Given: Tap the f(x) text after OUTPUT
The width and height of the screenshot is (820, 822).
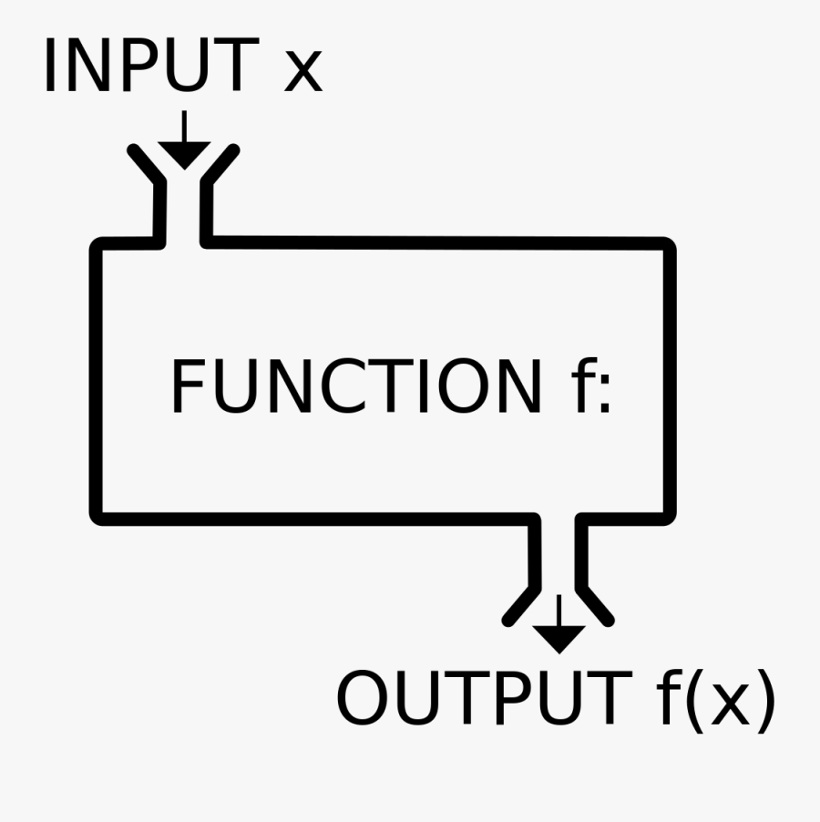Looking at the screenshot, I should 712,701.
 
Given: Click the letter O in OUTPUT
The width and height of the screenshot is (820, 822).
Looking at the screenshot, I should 364,699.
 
